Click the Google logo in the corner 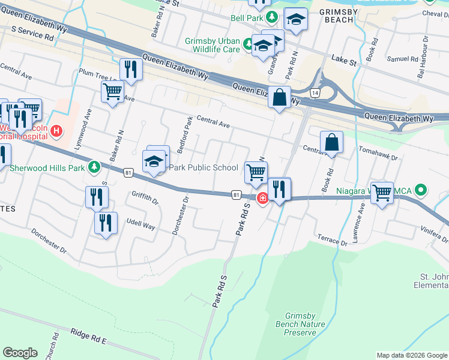20,353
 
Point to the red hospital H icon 56,130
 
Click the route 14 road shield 315,92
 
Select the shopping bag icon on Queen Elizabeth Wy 280,97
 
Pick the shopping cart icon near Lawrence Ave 382,193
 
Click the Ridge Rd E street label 88,336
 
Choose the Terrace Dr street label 333,241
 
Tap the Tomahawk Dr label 378,157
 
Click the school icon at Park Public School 154,161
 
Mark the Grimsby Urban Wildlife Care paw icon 247,43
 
